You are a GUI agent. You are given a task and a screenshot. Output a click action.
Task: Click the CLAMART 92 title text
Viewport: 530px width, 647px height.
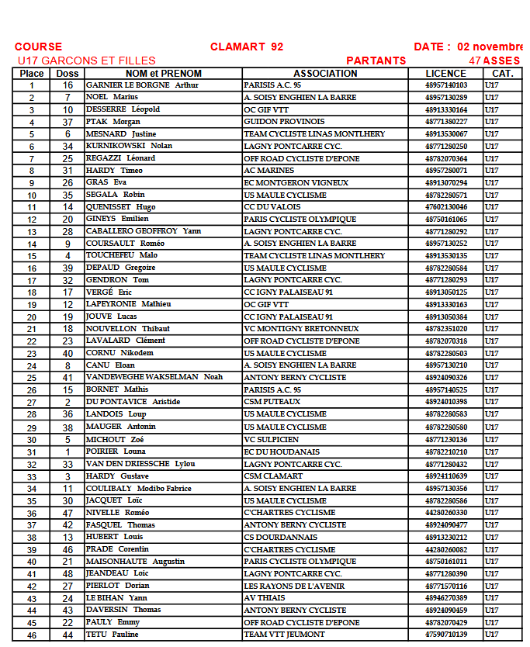tap(246, 47)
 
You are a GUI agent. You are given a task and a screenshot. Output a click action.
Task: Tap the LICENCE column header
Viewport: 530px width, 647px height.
tap(445, 74)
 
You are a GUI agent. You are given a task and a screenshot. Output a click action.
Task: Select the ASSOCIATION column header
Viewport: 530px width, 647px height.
tap(325, 74)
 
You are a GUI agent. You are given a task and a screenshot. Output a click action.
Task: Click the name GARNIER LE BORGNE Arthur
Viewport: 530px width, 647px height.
tap(142, 85)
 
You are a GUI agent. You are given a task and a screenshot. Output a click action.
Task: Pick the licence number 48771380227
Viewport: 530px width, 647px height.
tap(445, 122)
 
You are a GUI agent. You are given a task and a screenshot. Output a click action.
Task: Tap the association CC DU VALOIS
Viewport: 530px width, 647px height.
tap(272, 207)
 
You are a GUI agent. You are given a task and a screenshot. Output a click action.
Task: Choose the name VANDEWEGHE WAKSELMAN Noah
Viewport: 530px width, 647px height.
tap(154, 377)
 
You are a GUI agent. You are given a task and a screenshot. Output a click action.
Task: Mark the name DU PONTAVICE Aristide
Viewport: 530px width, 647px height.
tap(133, 402)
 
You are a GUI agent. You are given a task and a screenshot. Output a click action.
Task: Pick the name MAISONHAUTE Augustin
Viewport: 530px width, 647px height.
tap(135, 562)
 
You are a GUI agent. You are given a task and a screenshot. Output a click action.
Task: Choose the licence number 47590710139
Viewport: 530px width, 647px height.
tap(445, 635)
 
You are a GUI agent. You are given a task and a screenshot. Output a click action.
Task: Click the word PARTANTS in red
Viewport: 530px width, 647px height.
tap(376, 61)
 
